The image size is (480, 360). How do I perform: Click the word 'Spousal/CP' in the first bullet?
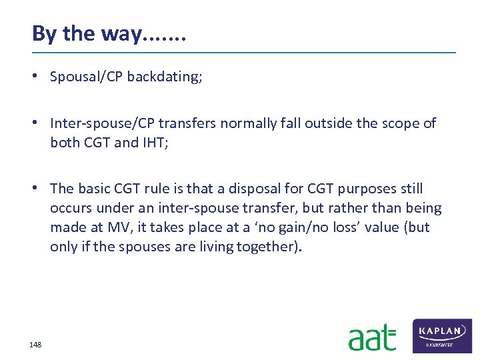point(87,77)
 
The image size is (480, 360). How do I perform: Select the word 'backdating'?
point(163,77)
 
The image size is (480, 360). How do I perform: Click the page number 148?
point(35,345)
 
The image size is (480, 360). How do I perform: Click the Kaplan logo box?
point(443,335)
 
